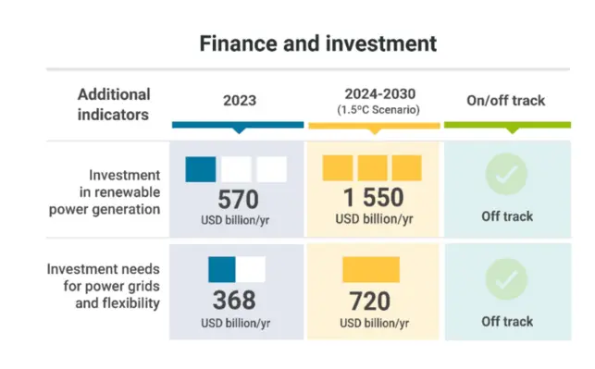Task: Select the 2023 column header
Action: click(238, 100)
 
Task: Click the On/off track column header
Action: click(506, 100)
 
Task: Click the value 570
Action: click(238, 199)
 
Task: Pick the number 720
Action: click(371, 301)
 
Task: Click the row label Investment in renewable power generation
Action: click(110, 191)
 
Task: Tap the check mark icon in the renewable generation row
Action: click(506, 173)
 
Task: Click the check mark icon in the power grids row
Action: click(506, 278)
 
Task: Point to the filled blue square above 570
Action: click(201, 169)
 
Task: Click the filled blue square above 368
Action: click(221, 269)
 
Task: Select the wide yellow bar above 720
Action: click(370, 269)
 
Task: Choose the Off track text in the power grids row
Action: click(506, 322)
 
